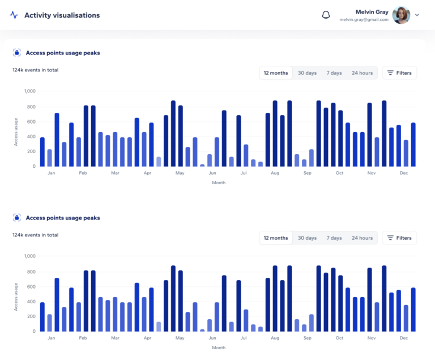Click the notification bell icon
click(x=326, y=15)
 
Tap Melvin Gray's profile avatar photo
click(x=401, y=15)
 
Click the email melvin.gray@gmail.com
click(x=364, y=20)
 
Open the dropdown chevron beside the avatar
click(x=417, y=15)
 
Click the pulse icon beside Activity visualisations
click(x=14, y=15)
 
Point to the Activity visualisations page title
click(x=62, y=15)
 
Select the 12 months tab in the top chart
click(x=276, y=73)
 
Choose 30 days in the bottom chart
click(x=307, y=238)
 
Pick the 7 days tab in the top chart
click(x=334, y=73)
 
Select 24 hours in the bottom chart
click(x=362, y=238)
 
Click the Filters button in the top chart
click(x=399, y=73)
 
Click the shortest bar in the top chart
click(x=202, y=165)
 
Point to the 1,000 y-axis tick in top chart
click(x=29, y=91)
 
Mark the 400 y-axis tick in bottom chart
click(x=31, y=301)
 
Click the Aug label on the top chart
click(x=275, y=173)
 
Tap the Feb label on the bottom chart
click(x=83, y=338)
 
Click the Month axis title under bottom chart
click(x=219, y=348)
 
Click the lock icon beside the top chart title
click(x=17, y=53)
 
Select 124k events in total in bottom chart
click(x=35, y=235)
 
